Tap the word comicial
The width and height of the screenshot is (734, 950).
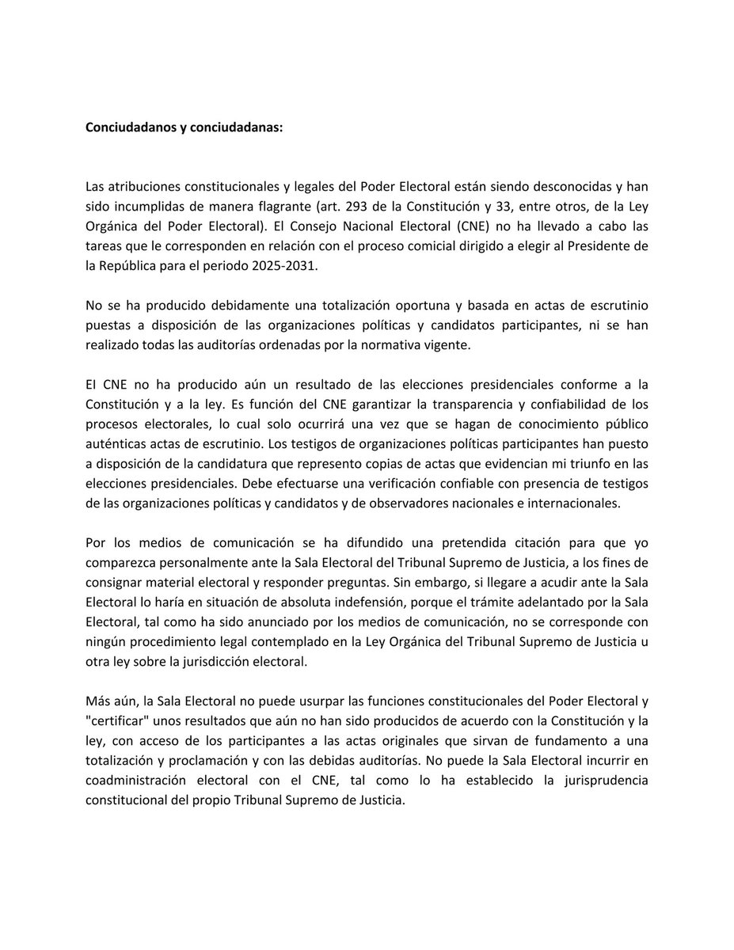tap(416, 247)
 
